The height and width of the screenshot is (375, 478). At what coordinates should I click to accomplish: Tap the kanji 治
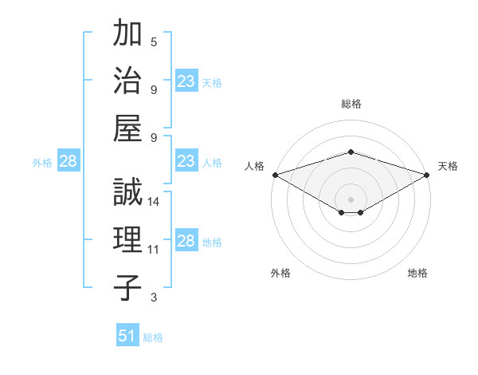(127, 81)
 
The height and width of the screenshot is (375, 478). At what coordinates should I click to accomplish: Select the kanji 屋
(127, 128)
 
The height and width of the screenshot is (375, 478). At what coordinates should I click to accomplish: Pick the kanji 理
(127, 240)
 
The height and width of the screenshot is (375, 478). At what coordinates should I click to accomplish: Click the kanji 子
(127, 288)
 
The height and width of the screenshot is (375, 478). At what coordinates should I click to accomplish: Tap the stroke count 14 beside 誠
(155, 202)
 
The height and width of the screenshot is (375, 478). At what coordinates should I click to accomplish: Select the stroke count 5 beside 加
(154, 41)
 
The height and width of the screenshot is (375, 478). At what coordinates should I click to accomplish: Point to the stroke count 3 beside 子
(154, 298)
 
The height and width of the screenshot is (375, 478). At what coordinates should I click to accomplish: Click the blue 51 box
(127, 336)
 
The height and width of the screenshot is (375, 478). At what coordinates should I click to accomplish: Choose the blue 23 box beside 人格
(186, 162)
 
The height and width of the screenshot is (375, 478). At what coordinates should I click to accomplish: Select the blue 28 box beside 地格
(186, 242)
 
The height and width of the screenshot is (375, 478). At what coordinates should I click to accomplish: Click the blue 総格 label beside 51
(153, 337)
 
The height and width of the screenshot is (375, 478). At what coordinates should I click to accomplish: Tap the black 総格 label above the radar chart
(351, 104)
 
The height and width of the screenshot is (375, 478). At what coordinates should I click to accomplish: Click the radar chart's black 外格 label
(280, 274)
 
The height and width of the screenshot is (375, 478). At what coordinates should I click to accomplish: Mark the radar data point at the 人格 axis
(275, 175)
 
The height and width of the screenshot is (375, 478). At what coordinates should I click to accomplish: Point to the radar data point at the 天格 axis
(426, 175)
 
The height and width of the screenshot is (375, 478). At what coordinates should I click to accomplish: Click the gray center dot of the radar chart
(351, 198)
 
